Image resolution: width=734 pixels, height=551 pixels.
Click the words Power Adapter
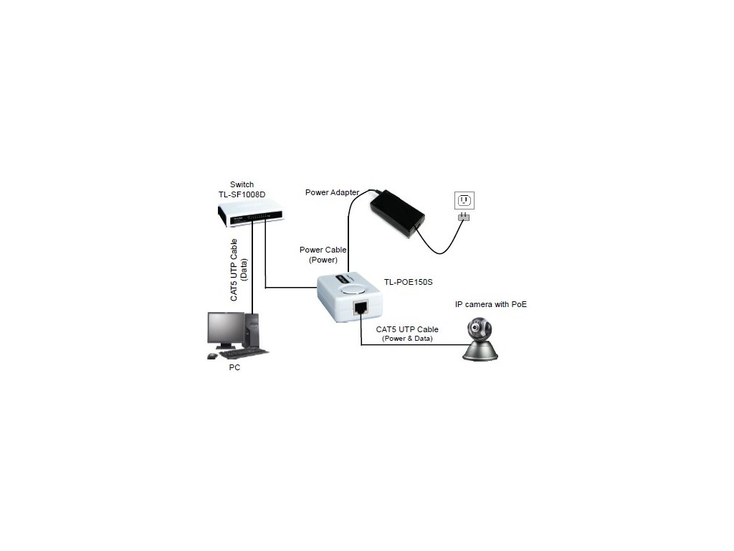(332, 192)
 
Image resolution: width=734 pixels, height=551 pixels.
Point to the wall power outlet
(464, 200)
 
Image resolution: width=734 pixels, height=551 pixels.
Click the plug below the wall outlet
(464, 217)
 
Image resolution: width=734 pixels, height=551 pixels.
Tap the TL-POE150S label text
(409, 282)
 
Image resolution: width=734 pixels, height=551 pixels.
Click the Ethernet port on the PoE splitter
(360, 310)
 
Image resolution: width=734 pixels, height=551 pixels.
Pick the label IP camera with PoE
(491, 304)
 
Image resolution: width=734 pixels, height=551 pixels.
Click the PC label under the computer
(234, 367)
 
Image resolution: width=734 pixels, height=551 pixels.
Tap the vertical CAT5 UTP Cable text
(234, 273)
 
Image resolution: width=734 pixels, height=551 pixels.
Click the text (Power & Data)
(407, 338)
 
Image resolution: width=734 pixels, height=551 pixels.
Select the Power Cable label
(323, 250)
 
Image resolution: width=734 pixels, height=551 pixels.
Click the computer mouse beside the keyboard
(211, 356)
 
